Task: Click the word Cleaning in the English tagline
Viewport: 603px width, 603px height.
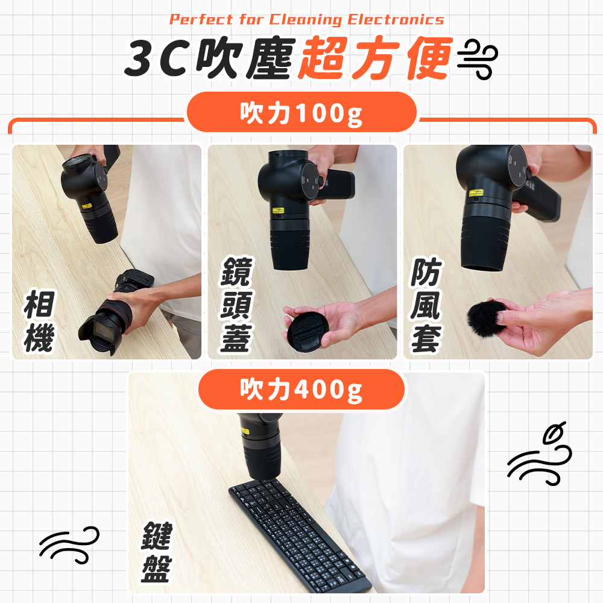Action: point(305,20)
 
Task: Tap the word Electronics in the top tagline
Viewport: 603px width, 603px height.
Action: point(396,20)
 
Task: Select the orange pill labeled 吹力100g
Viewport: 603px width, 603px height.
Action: point(301,112)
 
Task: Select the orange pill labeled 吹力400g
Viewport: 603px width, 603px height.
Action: point(301,389)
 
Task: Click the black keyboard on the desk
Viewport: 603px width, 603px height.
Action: point(300,537)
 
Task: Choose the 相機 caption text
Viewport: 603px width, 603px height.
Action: point(39,321)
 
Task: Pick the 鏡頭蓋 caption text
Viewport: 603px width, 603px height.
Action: point(236,304)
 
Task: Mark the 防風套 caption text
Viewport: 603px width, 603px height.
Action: point(426,304)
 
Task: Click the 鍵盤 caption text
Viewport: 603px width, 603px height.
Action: point(157,552)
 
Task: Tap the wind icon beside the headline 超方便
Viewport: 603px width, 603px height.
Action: point(477,59)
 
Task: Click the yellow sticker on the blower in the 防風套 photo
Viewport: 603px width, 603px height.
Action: point(476,192)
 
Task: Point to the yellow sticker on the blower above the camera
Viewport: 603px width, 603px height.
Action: point(87,206)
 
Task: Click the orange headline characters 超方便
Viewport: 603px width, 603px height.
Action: point(374,58)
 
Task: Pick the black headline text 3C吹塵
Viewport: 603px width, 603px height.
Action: point(210,58)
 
